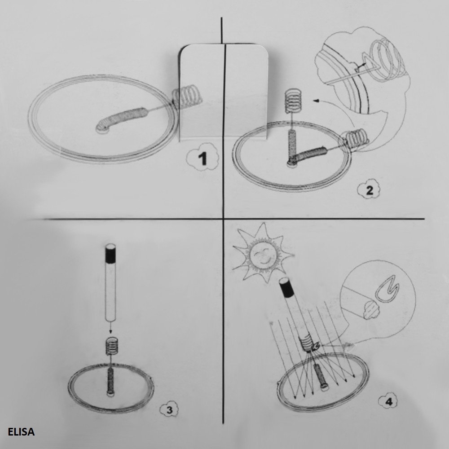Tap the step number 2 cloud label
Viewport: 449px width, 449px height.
[369, 189]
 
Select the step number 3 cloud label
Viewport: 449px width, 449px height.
[169, 409]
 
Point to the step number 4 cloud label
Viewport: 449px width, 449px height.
[388, 401]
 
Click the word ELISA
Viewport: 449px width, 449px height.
[21, 431]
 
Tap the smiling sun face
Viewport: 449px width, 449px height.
[263, 255]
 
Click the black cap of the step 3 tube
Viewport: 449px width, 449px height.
[110, 253]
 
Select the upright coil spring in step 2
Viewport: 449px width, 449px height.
[293, 100]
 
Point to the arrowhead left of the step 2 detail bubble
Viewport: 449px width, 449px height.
[317, 100]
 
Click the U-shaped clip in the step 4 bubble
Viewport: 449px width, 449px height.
[387, 289]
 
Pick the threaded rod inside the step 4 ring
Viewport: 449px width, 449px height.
[321, 374]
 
